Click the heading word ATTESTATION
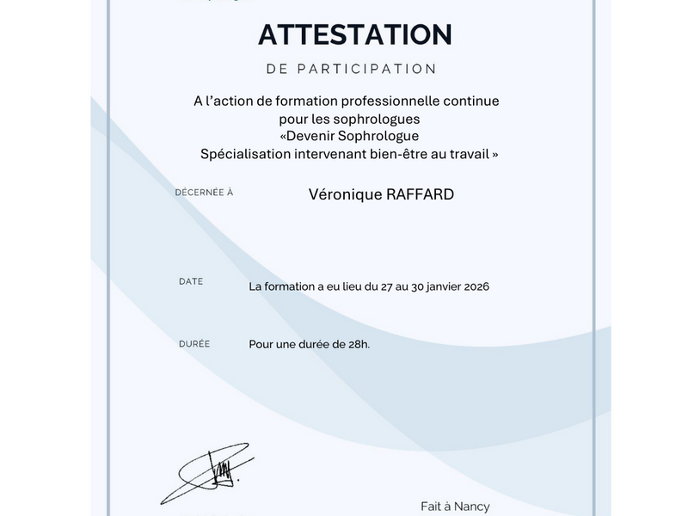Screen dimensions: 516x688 355,34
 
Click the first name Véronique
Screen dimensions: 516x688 341,194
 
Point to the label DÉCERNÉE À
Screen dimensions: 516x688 204,193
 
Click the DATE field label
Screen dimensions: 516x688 191,281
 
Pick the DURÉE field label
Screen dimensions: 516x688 194,344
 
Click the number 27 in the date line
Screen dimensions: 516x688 388,286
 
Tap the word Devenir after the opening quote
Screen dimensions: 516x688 317,137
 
